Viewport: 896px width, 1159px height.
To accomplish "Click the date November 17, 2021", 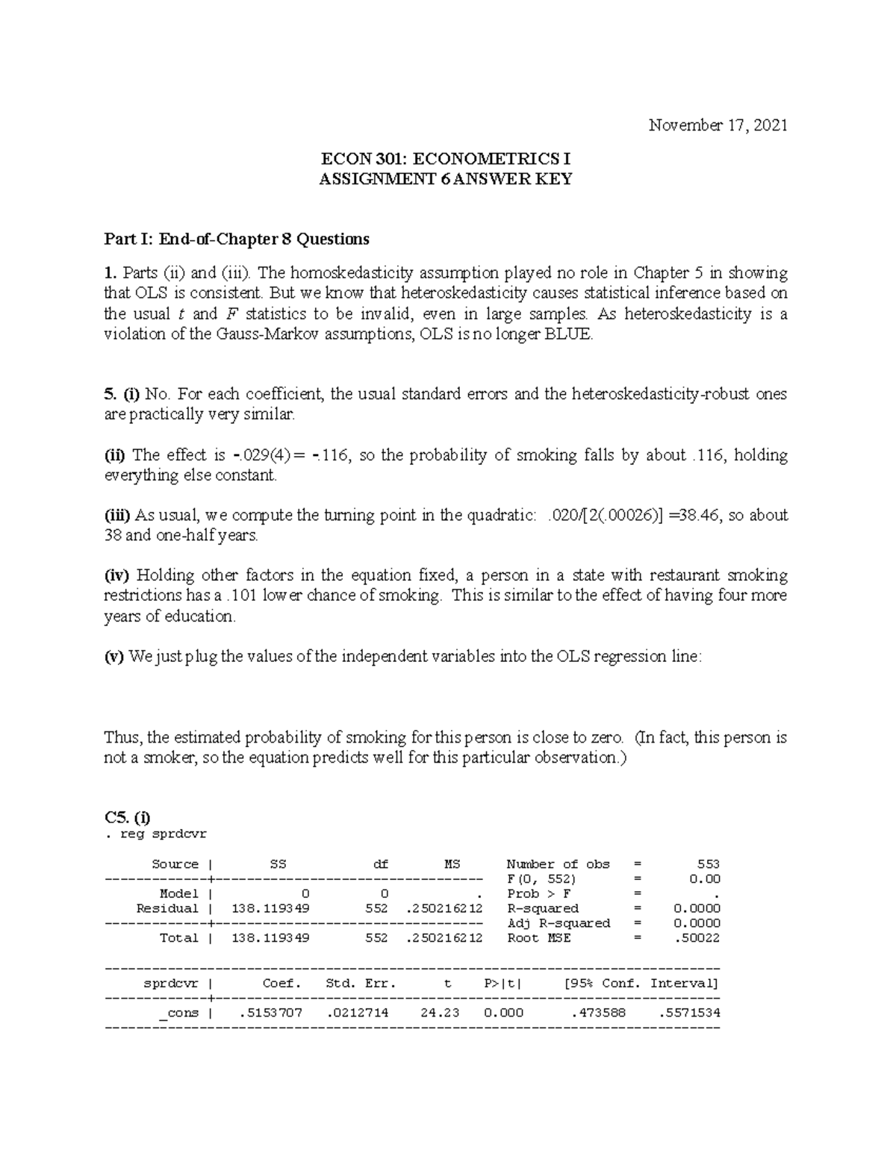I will (718, 125).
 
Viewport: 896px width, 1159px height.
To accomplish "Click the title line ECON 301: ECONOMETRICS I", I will (446, 159).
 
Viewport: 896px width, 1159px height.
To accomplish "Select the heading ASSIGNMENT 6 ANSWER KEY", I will (446, 179).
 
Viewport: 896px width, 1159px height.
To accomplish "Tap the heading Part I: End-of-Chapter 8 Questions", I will (236, 240).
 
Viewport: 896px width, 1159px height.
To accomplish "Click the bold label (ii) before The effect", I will (116, 455).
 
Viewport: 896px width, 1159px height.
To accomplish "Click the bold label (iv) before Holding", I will (117, 575).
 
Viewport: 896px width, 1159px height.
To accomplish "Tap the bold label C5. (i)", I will (128, 817).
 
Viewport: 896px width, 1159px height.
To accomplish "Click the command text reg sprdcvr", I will (164, 834).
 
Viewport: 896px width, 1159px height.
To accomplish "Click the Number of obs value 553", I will (708, 864).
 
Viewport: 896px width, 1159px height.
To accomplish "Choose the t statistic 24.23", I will (444, 1013).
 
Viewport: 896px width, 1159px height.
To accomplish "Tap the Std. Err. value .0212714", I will (358, 1013).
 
